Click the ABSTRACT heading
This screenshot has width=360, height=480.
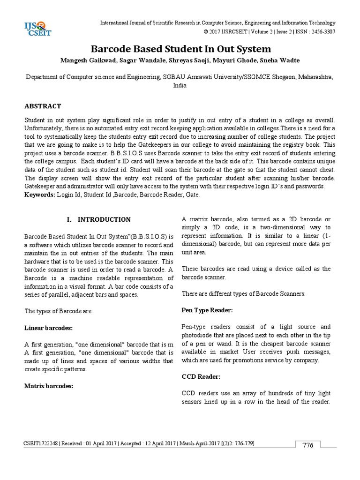tap(43, 106)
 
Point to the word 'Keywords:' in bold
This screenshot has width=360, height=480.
tap(39, 194)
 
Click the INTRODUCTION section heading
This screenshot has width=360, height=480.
tap(104, 219)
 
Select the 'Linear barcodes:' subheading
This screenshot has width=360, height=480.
tap(48, 327)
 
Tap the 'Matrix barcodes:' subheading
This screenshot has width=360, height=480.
tap(49, 386)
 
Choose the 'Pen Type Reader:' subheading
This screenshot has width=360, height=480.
tap(207, 310)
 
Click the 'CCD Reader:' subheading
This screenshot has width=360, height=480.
tap(201, 377)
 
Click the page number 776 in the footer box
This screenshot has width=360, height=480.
tap(307, 445)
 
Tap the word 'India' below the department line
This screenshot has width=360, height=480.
tap(180, 86)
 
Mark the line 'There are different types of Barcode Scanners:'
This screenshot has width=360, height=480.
tap(243, 293)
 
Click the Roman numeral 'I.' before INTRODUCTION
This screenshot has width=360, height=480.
tap(71, 219)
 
